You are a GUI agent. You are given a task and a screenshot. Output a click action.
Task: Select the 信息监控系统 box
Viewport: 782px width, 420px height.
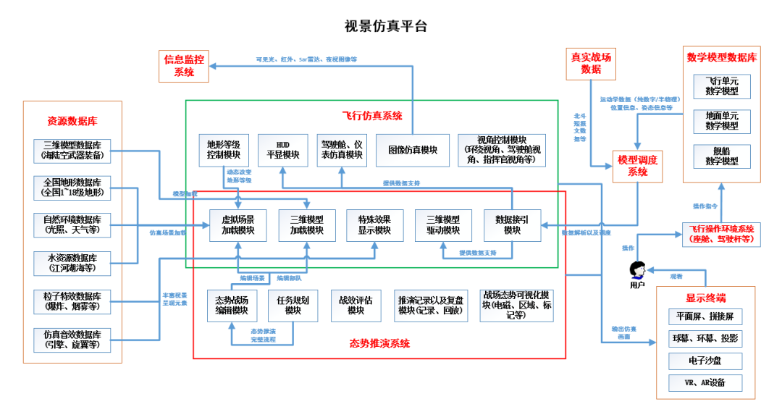184,65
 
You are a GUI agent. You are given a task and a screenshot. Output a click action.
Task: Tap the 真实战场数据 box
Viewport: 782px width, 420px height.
591,62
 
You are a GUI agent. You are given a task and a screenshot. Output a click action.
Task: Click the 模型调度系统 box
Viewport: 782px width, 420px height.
638,165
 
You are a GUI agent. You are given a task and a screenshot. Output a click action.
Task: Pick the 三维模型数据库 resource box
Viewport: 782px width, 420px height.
72,149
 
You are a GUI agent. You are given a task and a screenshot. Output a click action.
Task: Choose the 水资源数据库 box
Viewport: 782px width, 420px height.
72,263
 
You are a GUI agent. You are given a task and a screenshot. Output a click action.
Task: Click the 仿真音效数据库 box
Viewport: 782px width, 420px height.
72,340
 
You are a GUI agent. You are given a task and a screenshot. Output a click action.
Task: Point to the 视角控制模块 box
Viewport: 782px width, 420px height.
502,150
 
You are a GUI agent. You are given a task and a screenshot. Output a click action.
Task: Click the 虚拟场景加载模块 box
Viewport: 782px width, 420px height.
238,225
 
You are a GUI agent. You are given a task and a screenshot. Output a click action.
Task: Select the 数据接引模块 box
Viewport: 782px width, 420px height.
513,225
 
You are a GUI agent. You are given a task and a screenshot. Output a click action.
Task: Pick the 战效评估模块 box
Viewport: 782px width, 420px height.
356,305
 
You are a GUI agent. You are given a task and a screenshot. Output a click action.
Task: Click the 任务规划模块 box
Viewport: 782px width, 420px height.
293,305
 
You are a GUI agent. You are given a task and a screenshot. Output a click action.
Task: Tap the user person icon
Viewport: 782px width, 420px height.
637,270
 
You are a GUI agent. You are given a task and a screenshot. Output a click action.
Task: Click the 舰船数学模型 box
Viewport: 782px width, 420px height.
722,157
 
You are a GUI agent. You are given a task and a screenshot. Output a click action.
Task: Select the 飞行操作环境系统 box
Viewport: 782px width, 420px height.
721,234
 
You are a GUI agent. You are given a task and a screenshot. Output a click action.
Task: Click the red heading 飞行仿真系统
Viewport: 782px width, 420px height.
371,116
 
